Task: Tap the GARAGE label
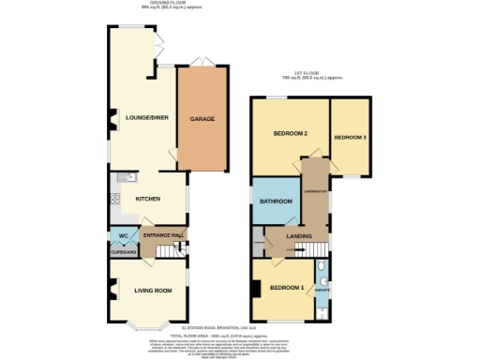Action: coord(203,119)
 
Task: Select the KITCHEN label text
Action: coord(148,199)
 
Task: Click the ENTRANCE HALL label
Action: coord(161,235)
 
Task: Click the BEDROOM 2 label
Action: coord(291,135)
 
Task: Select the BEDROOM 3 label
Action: coord(350,138)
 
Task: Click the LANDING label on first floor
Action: coord(298,236)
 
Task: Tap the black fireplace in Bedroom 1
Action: coord(254,291)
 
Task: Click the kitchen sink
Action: coord(130,176)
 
